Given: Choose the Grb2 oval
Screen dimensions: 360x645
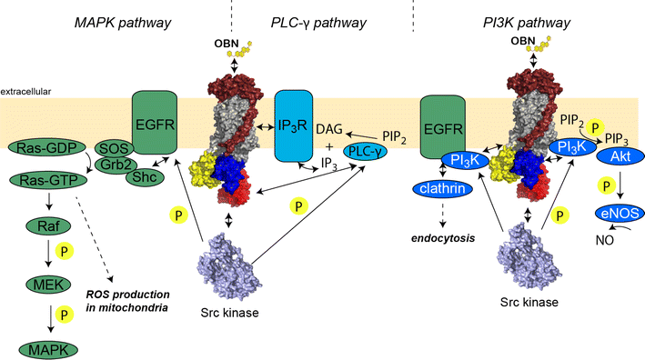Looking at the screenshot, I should click(112, 165).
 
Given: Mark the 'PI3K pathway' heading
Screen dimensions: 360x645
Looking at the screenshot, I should click(529, 19).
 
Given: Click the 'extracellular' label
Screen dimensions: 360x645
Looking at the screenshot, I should click(26, 92).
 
